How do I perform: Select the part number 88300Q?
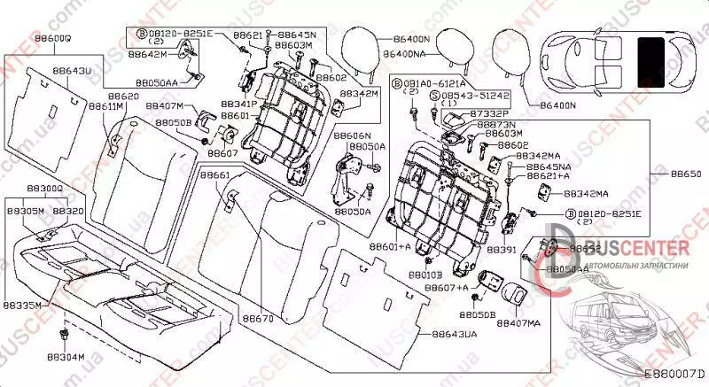(x=44, y=189)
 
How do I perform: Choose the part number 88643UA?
(x=454, y=334)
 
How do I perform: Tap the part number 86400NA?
(x=408, y=54)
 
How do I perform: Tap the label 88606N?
(x=353, y=136)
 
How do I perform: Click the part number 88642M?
(x=148, y=54)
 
